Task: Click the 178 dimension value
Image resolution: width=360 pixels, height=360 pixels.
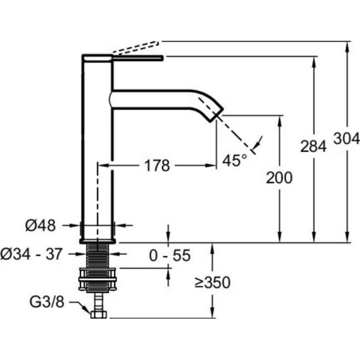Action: tap(157, 166)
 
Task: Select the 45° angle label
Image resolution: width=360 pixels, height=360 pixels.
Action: tap(235, 160)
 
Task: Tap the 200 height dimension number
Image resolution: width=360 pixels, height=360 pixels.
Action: tap(280, 178)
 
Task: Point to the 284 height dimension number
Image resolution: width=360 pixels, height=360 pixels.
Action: tap(313, 146)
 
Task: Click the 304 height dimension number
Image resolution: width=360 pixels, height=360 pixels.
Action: tap(347, 139)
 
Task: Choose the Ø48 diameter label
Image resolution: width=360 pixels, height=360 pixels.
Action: tap(40, 226)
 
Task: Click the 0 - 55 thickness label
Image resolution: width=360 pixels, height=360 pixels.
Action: tap(171, 256)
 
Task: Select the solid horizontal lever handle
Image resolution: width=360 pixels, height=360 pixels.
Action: tap(137, 58)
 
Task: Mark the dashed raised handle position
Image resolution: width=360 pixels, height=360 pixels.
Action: tap(137, 48)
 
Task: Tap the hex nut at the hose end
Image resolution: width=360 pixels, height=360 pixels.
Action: tap(97, 313)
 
